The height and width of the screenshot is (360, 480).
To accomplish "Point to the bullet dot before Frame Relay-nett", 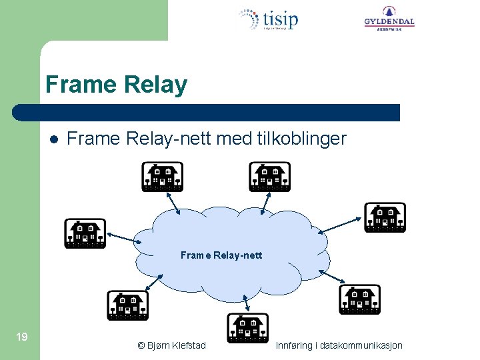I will (53, 139).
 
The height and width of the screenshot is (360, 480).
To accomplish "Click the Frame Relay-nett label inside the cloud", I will (221, 255).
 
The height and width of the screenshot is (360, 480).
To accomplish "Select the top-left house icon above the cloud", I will (162, 177).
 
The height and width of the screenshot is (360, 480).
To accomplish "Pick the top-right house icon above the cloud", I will (269, 177).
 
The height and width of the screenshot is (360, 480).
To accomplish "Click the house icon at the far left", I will (85, 233).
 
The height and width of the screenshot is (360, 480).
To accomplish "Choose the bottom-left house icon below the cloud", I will (127, 305).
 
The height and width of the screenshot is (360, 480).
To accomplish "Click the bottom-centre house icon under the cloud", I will (247, 327).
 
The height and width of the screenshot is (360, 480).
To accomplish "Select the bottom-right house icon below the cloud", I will (359, 299).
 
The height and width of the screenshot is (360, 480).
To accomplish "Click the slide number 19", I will (21, 337).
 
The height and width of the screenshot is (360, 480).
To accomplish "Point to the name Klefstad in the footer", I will (189, 345).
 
